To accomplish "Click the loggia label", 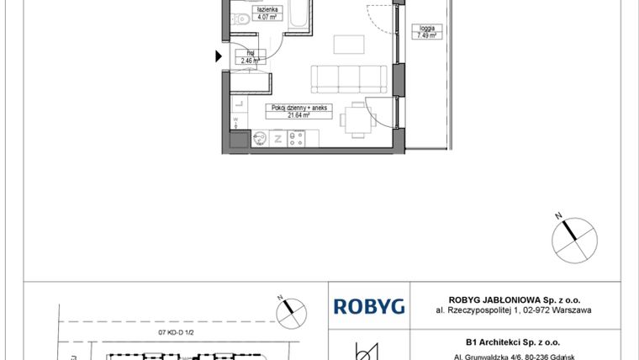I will coord(423,29).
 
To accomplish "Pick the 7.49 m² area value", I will coord(423,35).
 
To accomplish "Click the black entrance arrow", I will coord(219,56).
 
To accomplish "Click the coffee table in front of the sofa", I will coord(346,44).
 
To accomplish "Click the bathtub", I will coord(298,17).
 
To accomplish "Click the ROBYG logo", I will coord(369,306).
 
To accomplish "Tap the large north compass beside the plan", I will coord(573,235).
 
